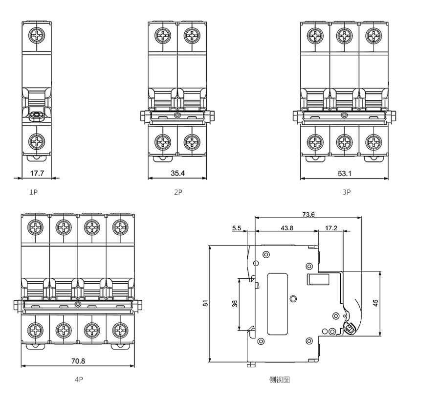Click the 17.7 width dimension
click(x=38, y=173)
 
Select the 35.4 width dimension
click(x=178, y=173)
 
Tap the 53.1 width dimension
click(x=344, y=173)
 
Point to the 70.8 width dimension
click(x=78, y=361)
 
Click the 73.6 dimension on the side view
click(x=308, y=214)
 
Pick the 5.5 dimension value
click(x=237, y=228)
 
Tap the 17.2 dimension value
click(x=331, y=228)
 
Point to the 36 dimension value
click(x=235, y=304)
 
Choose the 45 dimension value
click(x=375, y=304)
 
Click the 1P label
click(x=33, y=192)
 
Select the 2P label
click(x=178, y=192)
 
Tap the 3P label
click(x=347, y=192)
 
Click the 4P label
click(x=79, y=380)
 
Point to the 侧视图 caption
click(x=279, y=380)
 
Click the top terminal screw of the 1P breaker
click(x=37, y=35)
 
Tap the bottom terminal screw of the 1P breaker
click(x=37, y=142)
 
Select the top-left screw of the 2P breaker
click(x=163, y=35)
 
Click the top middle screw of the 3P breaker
click(x=345, y=35)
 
